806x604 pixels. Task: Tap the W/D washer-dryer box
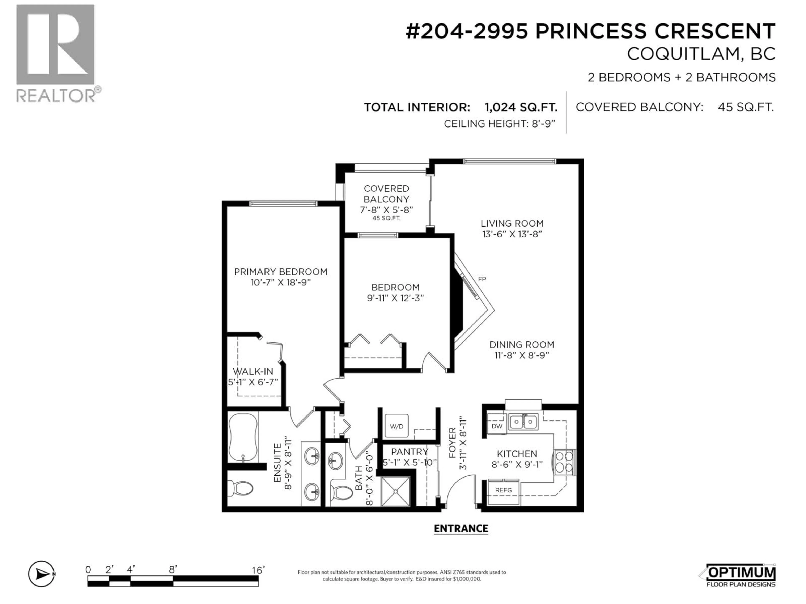396,426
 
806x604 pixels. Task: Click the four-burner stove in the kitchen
564,462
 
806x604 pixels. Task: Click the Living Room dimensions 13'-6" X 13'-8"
512,234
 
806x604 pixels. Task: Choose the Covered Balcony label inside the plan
386,194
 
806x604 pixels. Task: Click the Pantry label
409,452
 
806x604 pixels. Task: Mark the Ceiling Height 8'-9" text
499,124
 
